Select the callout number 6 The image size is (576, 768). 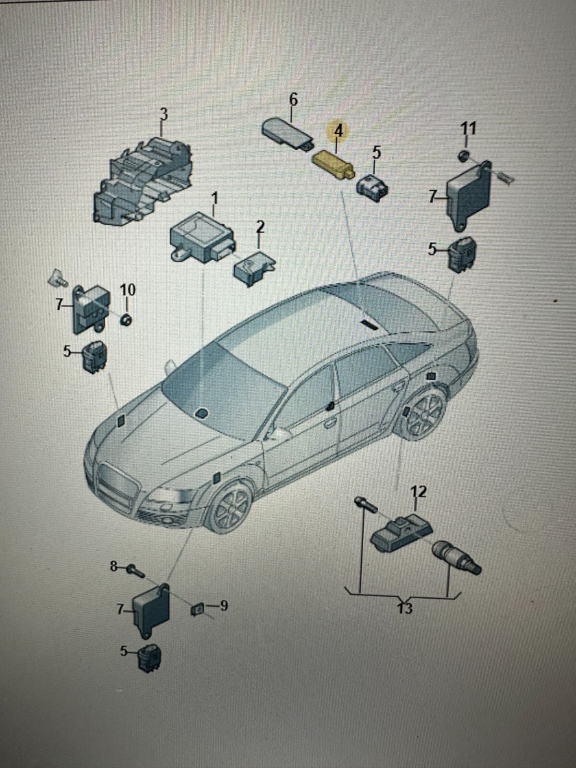tap(293, 100)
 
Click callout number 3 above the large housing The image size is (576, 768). tap(163, 114)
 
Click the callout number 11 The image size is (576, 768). tap(468, 129)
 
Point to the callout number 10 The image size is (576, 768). tap(128, 290)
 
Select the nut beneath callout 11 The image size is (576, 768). tap(464, 156)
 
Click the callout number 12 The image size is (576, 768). tap(418, 491)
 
